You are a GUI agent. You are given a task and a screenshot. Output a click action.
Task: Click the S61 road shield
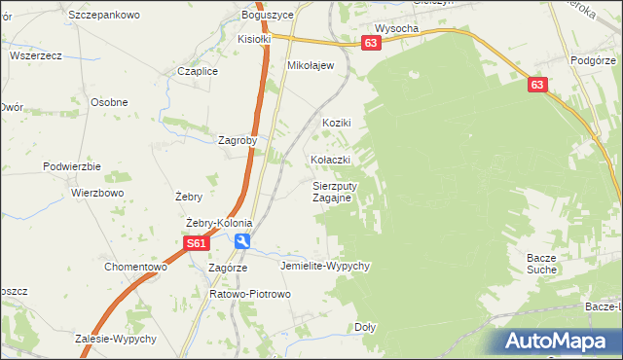point(197,245)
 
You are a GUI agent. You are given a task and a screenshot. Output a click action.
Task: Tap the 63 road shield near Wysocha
point(370,44)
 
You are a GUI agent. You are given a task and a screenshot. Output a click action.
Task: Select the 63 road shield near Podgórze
point(538,86)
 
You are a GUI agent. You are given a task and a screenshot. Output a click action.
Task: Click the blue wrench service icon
point(241,242)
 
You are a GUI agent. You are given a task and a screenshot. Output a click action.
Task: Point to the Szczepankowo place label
point(105,16)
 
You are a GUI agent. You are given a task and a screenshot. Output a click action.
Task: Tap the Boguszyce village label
point(268,16)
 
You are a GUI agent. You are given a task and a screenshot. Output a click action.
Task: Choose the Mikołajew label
point(311,65)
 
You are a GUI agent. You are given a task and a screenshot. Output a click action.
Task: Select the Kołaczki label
point(330,159)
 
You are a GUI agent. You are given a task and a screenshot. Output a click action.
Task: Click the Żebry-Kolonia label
point(212,223)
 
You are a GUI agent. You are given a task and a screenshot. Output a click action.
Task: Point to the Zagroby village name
point(238,140)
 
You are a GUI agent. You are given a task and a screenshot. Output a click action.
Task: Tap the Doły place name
point(365,328)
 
